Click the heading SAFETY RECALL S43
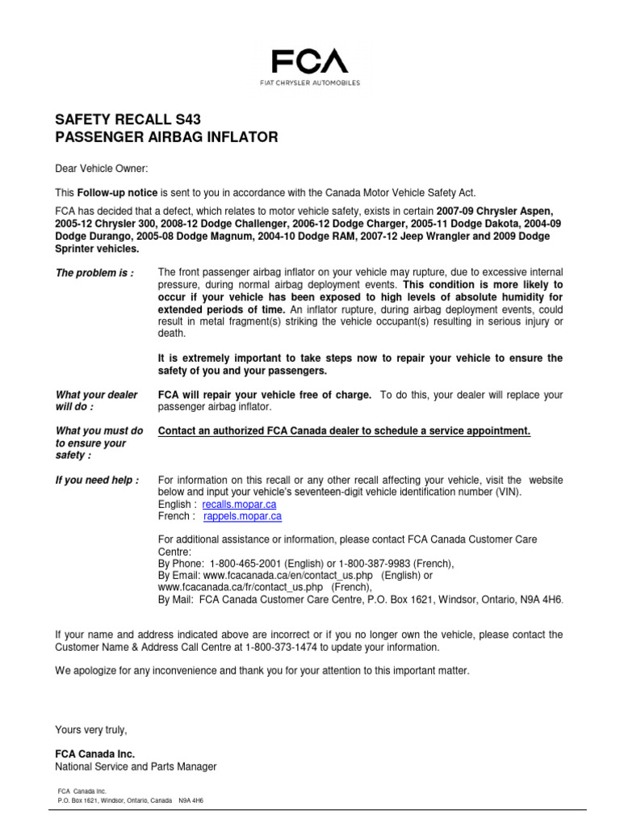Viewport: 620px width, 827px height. (x=128, y=120)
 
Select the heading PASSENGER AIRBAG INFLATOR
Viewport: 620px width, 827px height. (x=165, y=138)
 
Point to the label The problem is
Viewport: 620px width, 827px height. (x=94, y=273)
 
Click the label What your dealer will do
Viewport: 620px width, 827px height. (x=96, y=401)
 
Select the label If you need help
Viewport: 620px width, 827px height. (x=97, y=480)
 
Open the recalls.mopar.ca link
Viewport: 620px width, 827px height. (x=242, y=504)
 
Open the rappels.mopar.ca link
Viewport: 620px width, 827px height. (x=242, y=516)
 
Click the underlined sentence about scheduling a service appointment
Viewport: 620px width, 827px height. (x=344, y=431)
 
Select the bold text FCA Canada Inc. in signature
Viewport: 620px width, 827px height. (x=90, y=754)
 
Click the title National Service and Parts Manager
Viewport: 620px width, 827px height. (x=136, y=766)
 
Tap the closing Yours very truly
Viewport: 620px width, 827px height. (x=91, y=730)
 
